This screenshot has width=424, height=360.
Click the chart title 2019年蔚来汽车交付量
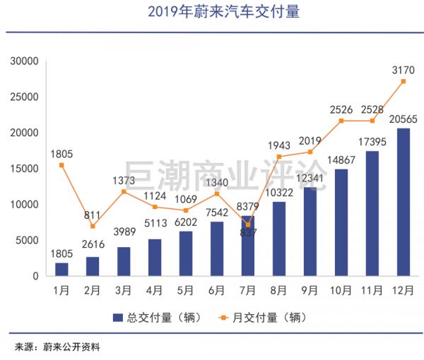point(212,12)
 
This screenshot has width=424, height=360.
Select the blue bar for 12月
point(403,201)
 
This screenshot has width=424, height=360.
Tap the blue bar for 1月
point(61,269)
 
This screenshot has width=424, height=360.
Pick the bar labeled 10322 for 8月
point(279,239)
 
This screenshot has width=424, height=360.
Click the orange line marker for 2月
point(93,226)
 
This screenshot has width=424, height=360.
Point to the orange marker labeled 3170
point(403,81)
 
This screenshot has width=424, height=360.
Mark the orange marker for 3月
point(124,191)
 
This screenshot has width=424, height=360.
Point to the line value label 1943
point(279,145)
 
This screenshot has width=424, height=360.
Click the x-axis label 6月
point(217,289)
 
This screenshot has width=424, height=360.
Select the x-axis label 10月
point(341,289)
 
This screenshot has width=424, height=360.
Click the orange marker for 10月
point(341,121)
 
